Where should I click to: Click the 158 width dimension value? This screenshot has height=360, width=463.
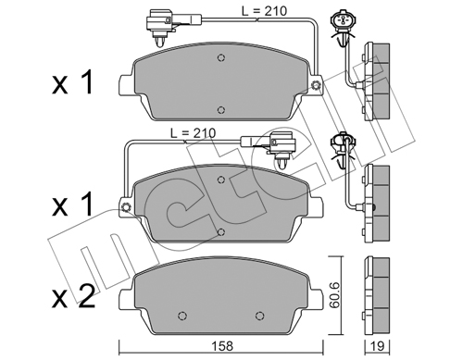pyautogui.click(x=223, y=346)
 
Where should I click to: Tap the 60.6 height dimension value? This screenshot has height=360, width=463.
pyautogui.click(x=334, y=294)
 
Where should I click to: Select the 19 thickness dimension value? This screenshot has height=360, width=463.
pyautogui.click(x=377, y=346)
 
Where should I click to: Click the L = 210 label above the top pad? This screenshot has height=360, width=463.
pyautogui.click(x=264, y=11)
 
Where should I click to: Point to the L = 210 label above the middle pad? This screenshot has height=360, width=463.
pyautogui.click(x=194, y=133)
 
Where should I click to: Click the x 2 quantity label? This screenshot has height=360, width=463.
pyautogui.click(x=73, y=297)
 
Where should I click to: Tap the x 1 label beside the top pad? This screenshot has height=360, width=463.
pyautogui.click(x=72, y=82)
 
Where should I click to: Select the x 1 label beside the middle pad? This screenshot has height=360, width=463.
pyautogui.click(x=72, y=204)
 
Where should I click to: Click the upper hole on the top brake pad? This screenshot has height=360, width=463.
pyautogui.click(x=220, y=57)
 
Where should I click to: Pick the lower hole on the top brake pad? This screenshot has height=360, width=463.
pyautogui.click(x=220, y=110)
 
